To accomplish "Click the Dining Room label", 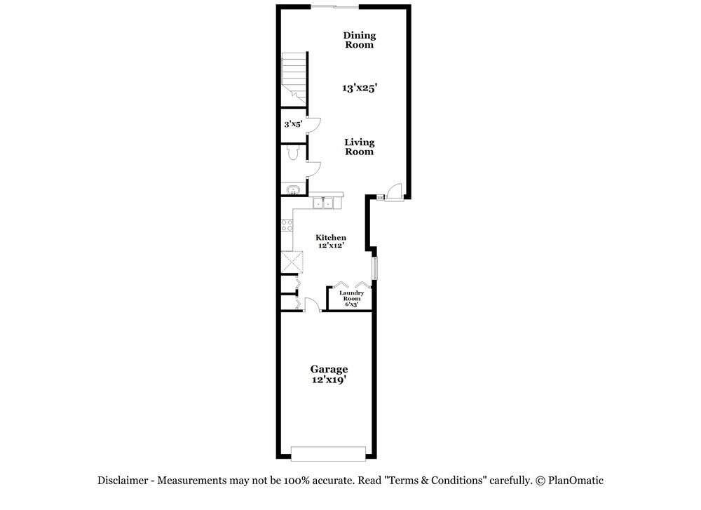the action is click(360, 40).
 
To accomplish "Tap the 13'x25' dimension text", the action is click(360, 88).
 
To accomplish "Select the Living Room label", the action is click(360, 147).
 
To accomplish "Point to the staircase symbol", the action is click(294, 79).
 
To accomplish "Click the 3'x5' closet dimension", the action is click(293, 124).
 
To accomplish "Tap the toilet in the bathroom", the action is click(293, 152).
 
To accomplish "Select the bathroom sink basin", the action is click(293, 189).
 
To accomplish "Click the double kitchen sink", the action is click(322, 203).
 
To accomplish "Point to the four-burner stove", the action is click(287, 225).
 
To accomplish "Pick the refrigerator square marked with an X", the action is click(292, 262).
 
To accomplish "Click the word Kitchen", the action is click(331, 238).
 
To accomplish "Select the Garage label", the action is click(329, 369).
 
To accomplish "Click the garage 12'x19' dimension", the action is click(329, 380).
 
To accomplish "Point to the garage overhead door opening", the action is click(328, 453).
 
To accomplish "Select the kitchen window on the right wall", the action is click(374, 269).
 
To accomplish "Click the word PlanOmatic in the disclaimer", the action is click(576, 481).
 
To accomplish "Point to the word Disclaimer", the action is click(123, 481).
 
